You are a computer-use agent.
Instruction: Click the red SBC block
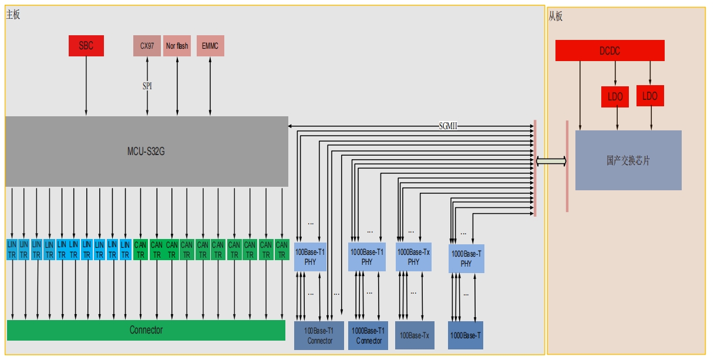coord(86,46)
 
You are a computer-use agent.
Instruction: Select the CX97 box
coord(147,46)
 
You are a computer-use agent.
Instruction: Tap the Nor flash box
coord(177,46)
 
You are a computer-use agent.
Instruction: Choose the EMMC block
coord(210,46)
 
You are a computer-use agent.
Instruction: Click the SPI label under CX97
coord(147,86)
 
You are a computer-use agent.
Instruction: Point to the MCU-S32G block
coord(147,152)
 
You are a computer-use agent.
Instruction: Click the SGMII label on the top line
coord(448,126)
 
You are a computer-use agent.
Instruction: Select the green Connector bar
coord(146,330)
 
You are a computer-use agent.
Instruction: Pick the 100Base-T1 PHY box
coord(310,257)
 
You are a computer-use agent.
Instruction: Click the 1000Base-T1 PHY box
coord(367,257)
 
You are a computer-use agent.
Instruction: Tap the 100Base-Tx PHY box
coord(413,257)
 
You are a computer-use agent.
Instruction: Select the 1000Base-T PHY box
coord(466,259)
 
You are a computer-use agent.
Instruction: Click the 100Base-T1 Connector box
coord(319,336)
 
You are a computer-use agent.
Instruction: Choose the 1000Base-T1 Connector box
coord(368,336)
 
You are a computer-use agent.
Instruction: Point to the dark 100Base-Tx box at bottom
coord(415,335)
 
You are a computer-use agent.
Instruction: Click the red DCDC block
coord(609,51)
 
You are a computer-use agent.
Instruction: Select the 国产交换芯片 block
coord(628,160)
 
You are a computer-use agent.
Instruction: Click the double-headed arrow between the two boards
coord(551,161)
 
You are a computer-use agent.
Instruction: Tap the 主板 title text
coord(13,15)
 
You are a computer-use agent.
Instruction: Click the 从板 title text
coord(555,16)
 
